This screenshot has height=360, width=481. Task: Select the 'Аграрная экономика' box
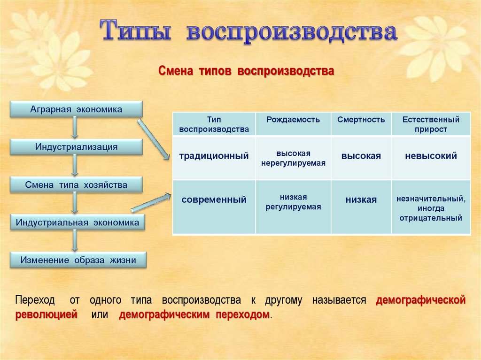coord(76,109)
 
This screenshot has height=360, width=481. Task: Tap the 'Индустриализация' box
coord(76,147)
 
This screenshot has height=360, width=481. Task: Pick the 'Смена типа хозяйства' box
coord(76,185)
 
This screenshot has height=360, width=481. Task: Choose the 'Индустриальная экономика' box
coord(78,222)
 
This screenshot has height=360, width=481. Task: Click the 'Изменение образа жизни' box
coord(78,260)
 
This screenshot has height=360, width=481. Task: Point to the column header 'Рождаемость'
coord(293,120)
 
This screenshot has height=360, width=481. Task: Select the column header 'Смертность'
coord(361,120)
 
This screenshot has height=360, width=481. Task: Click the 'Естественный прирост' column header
coord(431,124)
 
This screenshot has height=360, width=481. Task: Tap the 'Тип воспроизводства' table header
coord(214,124)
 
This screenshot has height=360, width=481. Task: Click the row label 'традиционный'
coord(214,156)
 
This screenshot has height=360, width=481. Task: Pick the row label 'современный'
coord(214,200)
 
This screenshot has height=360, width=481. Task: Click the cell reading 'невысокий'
coord(431,156)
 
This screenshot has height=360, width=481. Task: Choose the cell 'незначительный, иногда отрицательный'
coord(431,208)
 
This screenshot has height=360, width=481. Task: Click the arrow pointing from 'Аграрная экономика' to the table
coord(154,139)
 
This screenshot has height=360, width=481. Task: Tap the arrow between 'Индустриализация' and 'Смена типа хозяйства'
coord(75,166)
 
